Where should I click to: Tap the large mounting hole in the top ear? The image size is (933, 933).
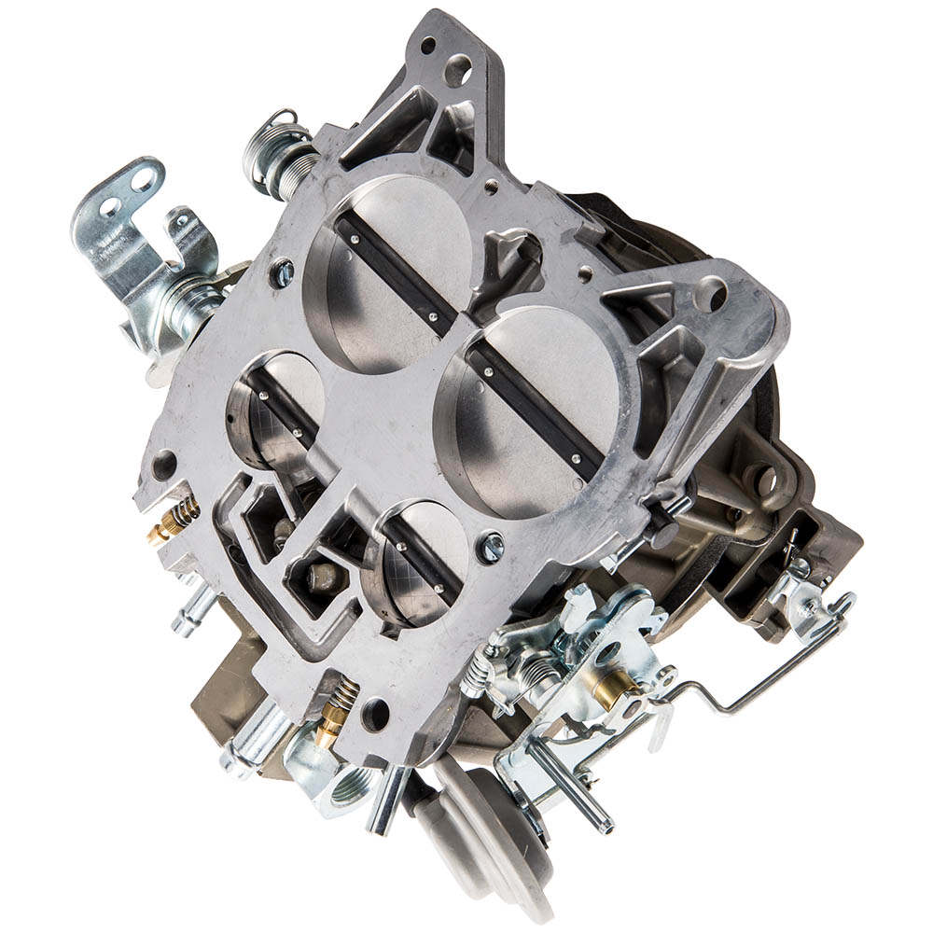pos(457,69)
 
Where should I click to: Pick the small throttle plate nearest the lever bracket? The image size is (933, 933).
pos(275,411)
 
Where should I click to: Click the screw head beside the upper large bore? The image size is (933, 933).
pos(281,272)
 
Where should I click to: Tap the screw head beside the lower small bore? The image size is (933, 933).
pos(490,548)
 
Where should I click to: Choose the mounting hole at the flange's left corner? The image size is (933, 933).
pos(164,464)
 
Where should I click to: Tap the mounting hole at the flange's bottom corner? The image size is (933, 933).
pos(375,715)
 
